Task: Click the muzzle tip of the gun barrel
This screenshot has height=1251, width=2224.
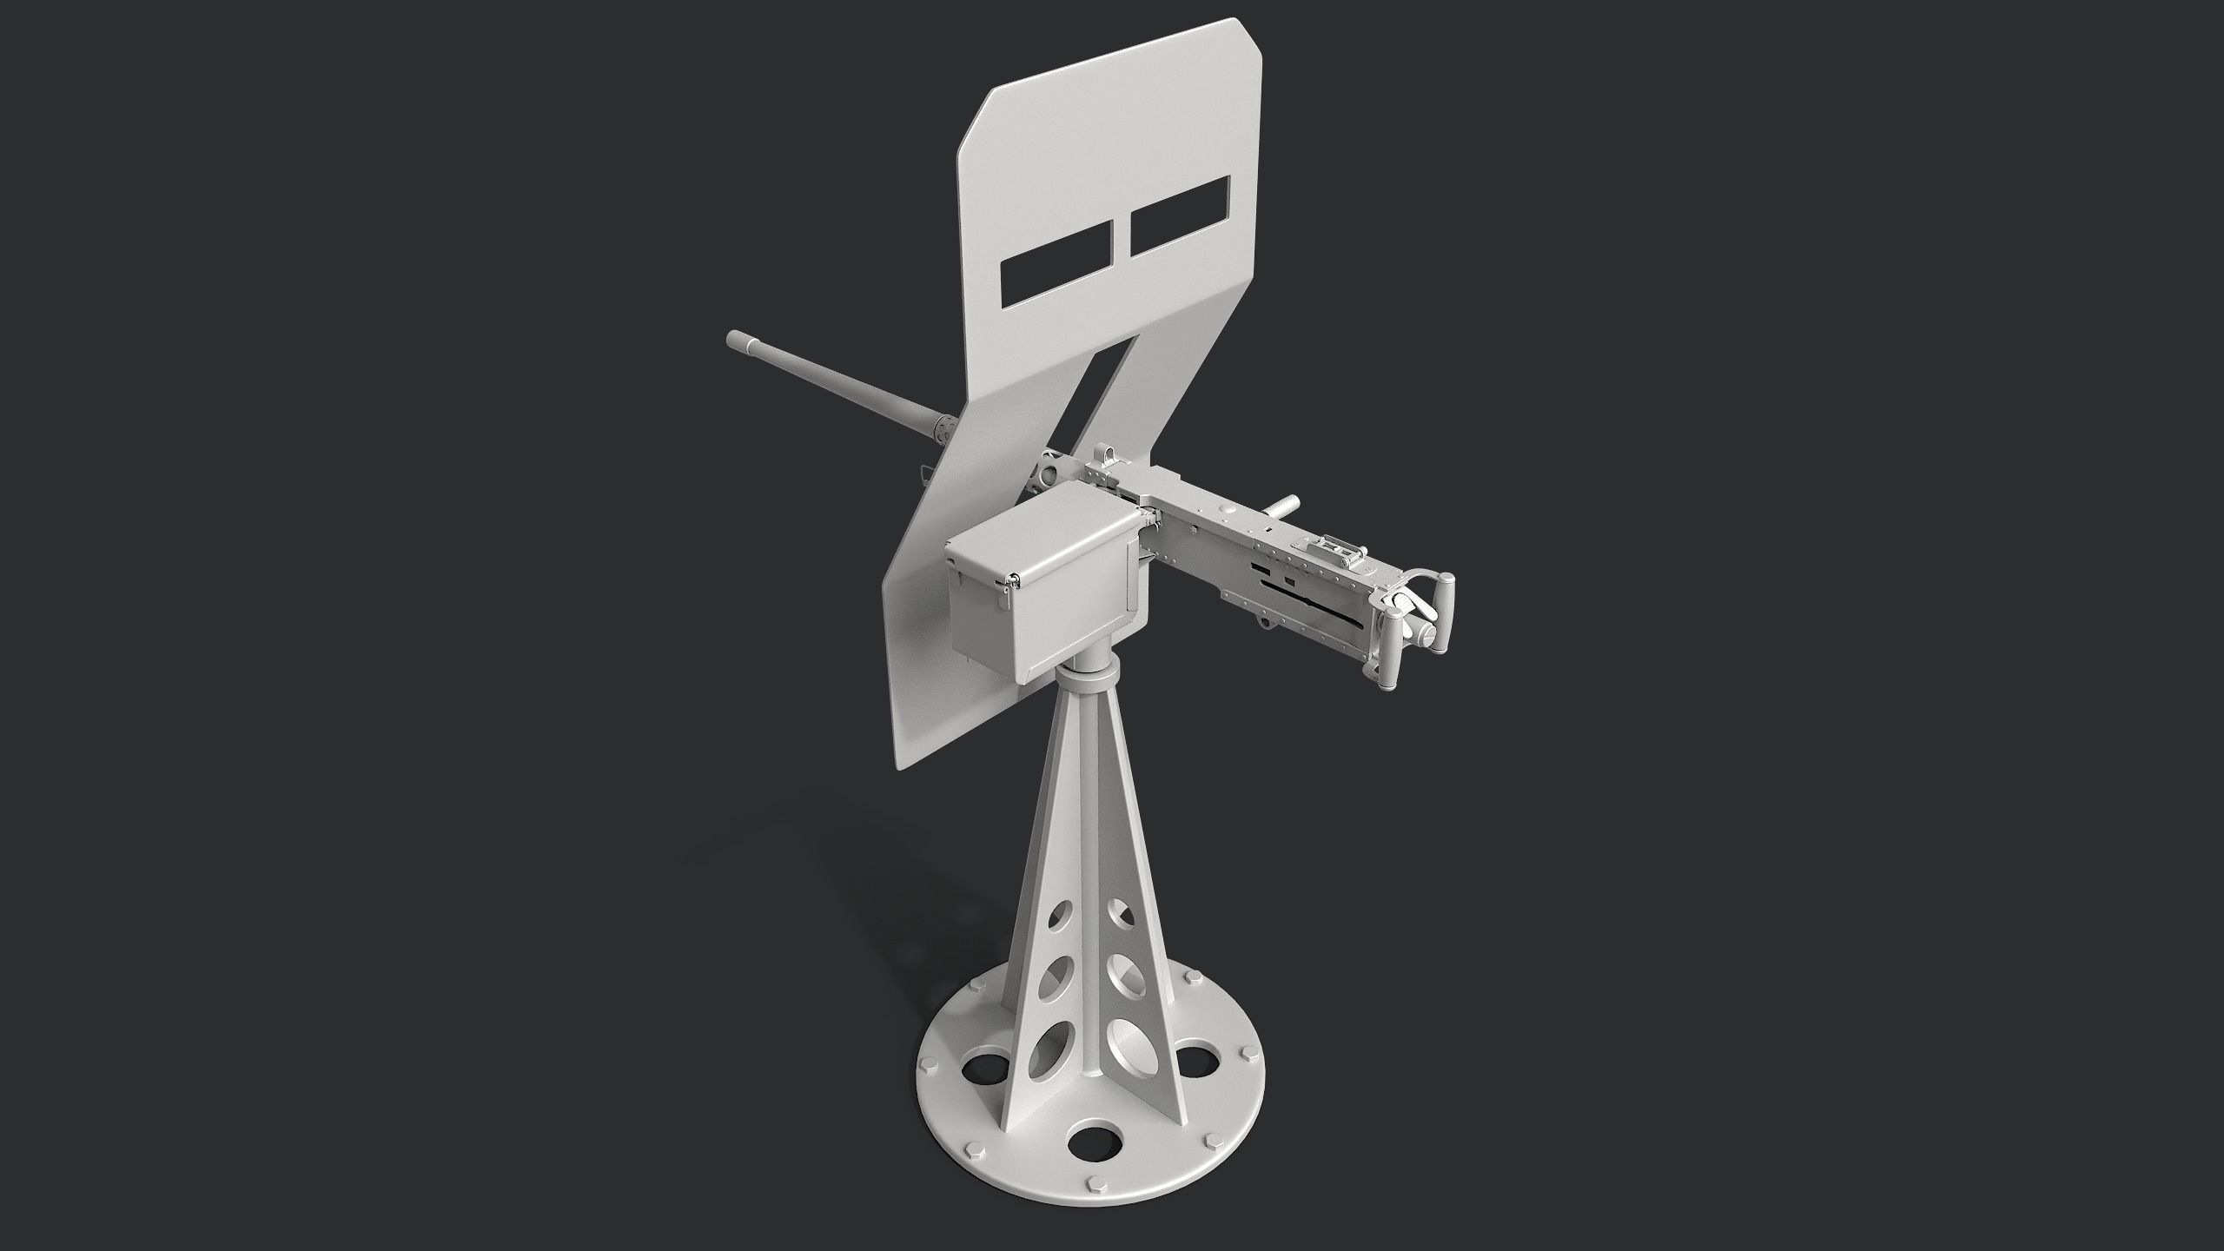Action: point(735,339)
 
